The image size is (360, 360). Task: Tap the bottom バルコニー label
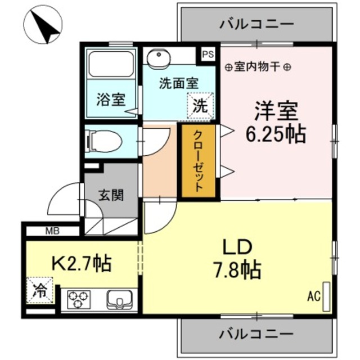[256, 334]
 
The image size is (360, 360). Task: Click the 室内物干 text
[258, 67]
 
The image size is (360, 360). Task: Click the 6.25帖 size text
[275, 134]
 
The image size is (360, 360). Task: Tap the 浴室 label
[110, 101]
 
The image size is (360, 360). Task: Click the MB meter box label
[52, 230]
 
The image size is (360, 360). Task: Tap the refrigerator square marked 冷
[40, 291]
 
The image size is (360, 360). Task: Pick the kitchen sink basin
[119, 298]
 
